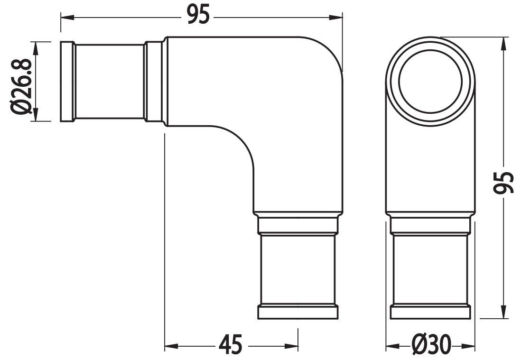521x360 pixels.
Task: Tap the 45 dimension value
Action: tap(231, 344)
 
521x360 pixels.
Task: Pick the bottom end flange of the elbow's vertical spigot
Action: tap(298, 313)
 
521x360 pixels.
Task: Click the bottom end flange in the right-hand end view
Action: tap(430, 313)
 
